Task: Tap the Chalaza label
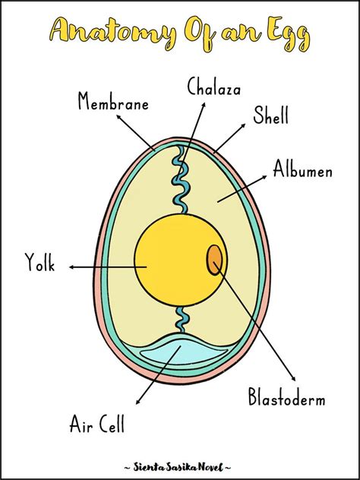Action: click(x=214, y=87)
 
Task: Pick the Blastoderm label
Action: click(x=286, y=397)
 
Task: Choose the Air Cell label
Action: click(x=97, y=423)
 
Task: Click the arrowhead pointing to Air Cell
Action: click(x=137, y=400)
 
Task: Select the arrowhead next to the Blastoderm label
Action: click(x=292, y=377)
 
